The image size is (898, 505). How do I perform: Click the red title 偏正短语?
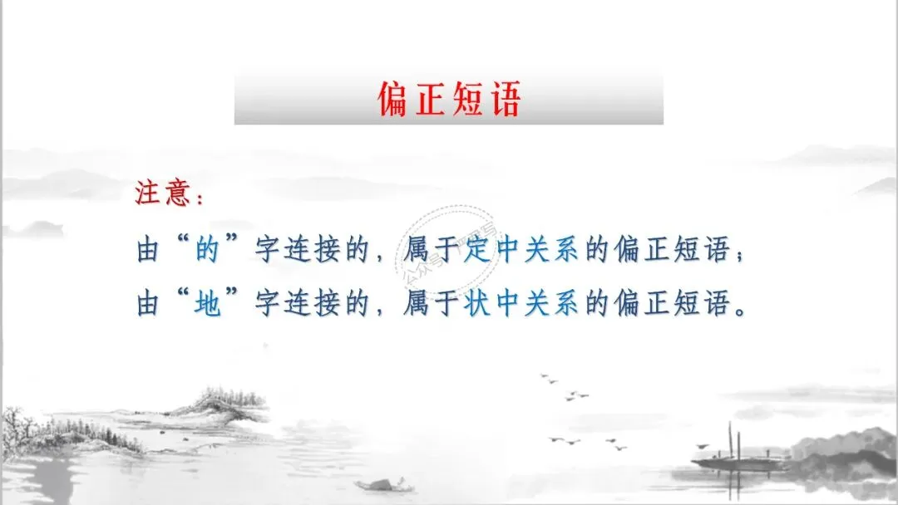(x=448, y=100)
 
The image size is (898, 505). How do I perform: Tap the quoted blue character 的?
(x=207, y=250)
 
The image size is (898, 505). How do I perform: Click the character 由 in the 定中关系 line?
(x=147, y=250)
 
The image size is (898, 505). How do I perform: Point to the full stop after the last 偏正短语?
(x=743, y=309)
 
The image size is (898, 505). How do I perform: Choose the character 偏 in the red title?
(x=392, y=101)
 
